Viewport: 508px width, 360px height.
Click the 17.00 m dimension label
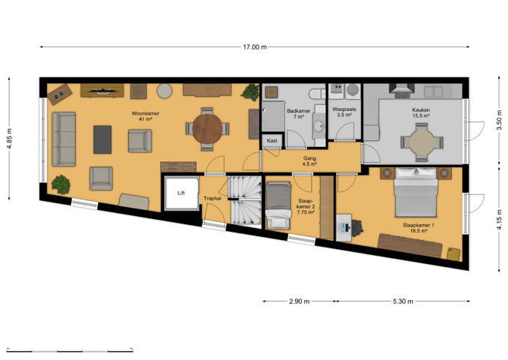pos(255,47)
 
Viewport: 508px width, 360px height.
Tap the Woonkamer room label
pos(145,113)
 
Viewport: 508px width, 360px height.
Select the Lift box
pos(181,193)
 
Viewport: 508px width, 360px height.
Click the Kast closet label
pos(272,141)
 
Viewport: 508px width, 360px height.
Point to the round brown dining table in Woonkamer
pos(208,129)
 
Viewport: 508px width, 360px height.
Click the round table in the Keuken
pos(422,142)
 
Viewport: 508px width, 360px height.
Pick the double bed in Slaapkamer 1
pos(416,192)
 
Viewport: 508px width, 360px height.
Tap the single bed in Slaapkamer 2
pos(278,205)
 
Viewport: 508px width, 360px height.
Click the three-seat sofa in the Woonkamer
pos(64,139)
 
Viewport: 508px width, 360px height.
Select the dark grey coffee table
pos(103,139)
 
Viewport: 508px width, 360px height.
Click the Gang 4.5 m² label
pos(309,161)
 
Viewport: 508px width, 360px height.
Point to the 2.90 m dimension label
pos(299,301)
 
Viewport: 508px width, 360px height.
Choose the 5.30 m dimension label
pos(403,301)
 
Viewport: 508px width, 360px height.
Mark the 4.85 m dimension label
pos(10,139)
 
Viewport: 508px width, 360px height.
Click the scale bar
pos(70,350)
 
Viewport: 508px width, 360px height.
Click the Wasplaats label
pos(344,109)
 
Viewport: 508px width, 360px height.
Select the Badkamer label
pos(299,111)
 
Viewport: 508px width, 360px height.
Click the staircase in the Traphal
pos(245,200)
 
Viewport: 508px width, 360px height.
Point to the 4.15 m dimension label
pos(499,220)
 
